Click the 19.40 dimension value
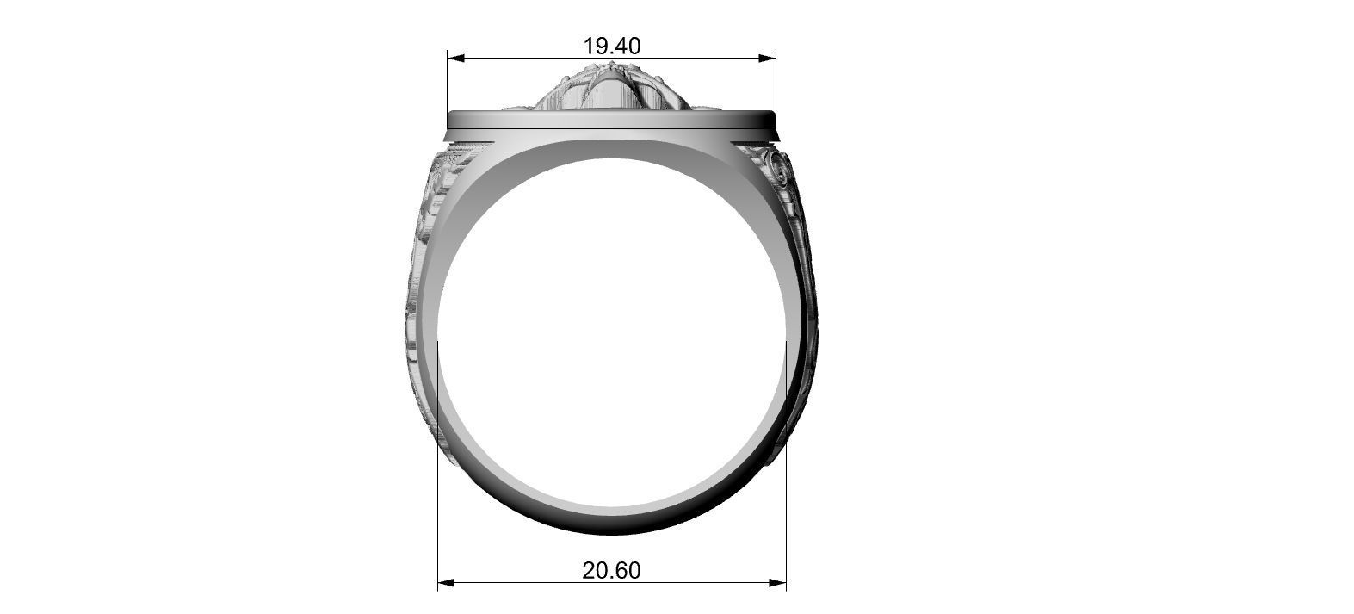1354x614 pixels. click(x=611, y=46)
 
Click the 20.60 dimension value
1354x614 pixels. click(x=611, y=570)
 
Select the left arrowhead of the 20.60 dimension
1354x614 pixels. click(x=446, y=583)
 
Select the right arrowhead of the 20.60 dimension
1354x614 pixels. click(x=778, y=583)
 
